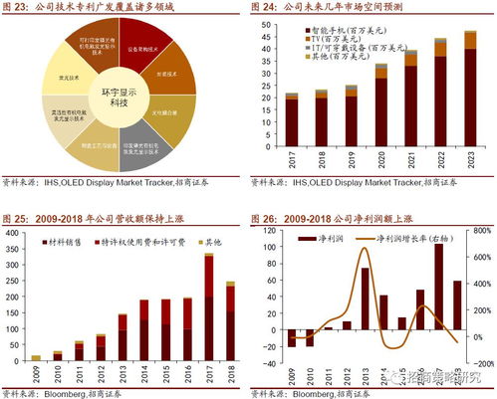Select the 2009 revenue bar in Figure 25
(36, 357)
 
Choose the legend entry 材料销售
(66, 242)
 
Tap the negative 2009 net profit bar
(292, 338)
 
